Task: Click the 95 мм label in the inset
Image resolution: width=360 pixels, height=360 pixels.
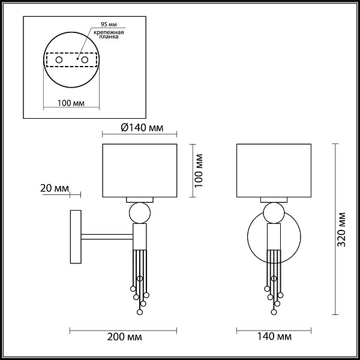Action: pos(109,25)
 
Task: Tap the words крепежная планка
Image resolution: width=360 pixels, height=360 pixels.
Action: pos(109,34)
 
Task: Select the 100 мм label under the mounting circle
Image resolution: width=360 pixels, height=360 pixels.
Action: pos(71,103)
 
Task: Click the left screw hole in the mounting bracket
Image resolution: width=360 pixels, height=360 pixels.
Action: pos(59,60)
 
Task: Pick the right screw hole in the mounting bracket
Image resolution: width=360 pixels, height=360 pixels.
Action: pos(85,60)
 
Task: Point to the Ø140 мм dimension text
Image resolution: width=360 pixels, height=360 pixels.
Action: pos(142,128)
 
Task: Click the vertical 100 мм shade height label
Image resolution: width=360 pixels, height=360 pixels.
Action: pos(199,170)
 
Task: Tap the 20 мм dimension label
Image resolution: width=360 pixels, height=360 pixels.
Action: pos(55,188)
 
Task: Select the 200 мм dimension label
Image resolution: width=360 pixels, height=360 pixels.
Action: pos(124,337)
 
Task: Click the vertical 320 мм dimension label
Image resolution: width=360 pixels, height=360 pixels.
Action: pos(341,229)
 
